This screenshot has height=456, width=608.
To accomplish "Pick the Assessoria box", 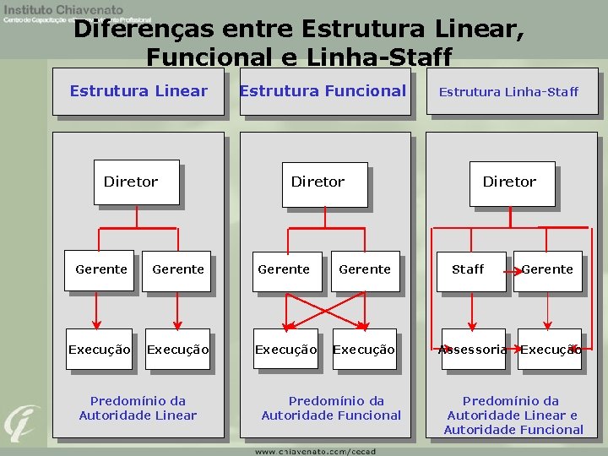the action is tap(473, 349).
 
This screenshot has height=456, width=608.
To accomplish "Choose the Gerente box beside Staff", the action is tap(547, 269).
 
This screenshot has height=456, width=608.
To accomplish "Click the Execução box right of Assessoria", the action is tap(550, 349).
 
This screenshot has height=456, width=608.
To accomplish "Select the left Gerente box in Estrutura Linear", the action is tap(101, 269).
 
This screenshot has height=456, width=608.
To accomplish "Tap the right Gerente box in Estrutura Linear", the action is tap(177, 269).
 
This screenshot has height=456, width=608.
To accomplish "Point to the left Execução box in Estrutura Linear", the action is tap(100, 349).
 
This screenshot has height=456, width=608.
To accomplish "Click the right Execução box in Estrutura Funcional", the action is tap(364, 349).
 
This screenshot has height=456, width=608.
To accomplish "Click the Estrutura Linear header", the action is tap(138, 91).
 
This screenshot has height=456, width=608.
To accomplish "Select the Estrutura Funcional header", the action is tap(323, 91).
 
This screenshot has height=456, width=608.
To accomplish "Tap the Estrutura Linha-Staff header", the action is tap(508, 91).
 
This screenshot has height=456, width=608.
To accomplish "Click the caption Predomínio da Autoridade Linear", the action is tap(138, 408).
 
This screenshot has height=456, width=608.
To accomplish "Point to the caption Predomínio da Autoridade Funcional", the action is tap(331, 408).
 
